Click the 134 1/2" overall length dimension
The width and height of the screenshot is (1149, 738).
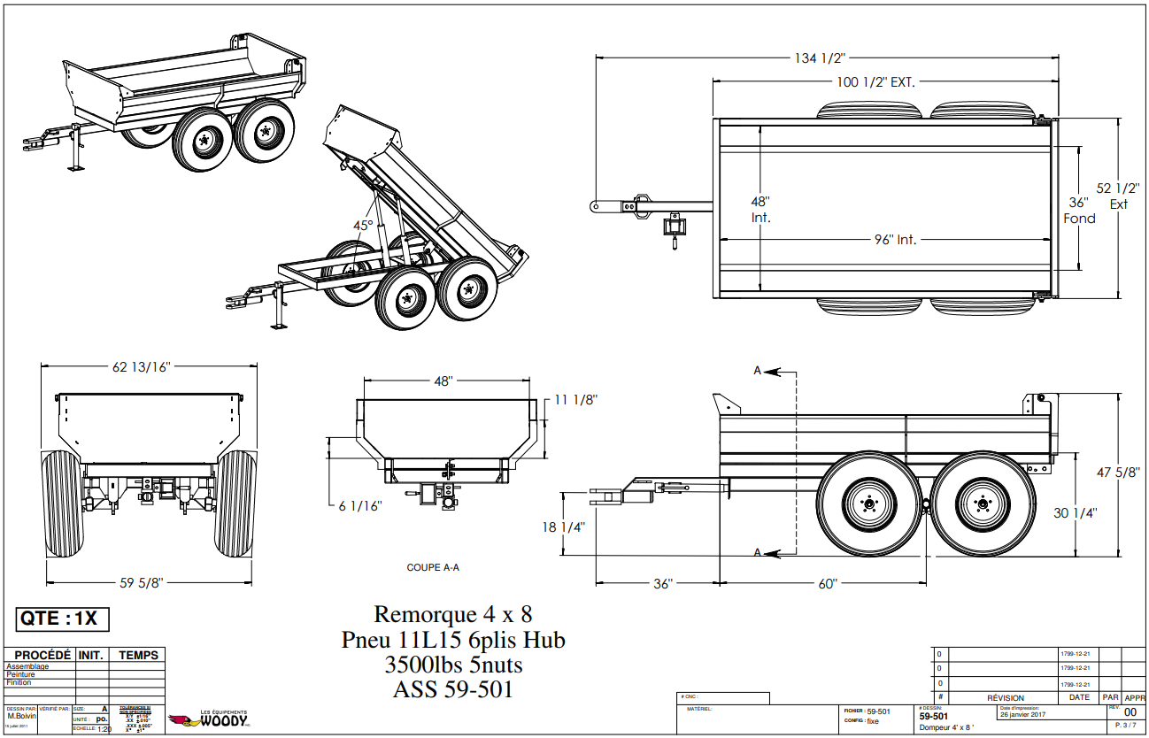pyautogui.click(x=819, y=58)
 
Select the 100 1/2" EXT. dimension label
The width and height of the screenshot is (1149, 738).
pyautogui.click(x=875, y=82)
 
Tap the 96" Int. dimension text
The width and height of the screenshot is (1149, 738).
pyautogui.click(x=894, y=240)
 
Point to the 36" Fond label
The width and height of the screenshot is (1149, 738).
pyautogui.click(x=1079, y=211)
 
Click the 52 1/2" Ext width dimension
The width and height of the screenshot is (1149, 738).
pyautogui.click(x=1118, y=196)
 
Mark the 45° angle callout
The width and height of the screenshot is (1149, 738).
pyautogui.click(x=363, y=225)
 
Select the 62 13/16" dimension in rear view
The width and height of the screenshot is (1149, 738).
pyautogui.click(x=141, y=366)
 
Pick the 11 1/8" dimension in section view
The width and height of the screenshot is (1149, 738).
pyautogui.click(x=575, y=399)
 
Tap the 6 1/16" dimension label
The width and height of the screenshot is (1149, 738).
pyautogui.click(x=359, y=506)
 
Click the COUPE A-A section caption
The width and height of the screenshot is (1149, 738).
pyautogui.click(x=432, y=567)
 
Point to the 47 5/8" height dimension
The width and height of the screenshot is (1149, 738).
pyautogui.click(x=1118, y=473)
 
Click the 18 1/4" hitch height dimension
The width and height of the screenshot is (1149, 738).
pyautogui.click(x=563, y=527)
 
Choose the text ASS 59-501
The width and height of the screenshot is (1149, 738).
pyautogui.click(x=452, y=688)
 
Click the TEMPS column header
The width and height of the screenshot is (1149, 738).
pyautogui.click(x=139, y=655)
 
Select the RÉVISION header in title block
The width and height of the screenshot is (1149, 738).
pyautogui.click(x=1005, y=697)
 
